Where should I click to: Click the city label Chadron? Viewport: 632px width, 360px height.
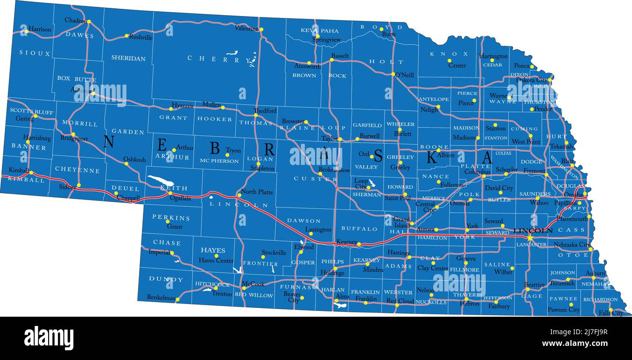pyautogui.click(x=75, y=20)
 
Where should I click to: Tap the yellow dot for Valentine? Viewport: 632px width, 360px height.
pyautogui.click(x=261, y=29)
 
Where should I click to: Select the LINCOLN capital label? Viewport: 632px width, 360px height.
pyautogui.click(x=533, y=230)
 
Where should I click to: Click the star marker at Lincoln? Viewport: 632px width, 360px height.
pyautogui.click(x=529, y=237)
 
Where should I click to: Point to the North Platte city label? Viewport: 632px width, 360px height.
pyautogui.click(x=257, y=192)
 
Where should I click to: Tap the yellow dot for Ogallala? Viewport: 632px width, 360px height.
pyautogui.click(x=170, y=193)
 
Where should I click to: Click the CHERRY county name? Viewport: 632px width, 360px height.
pyautogui.click(x=213, y=58)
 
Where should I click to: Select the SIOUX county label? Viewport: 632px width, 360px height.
pyautogui.click(x=35, y=53)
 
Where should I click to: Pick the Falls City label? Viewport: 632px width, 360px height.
pyautogui.click(x=611, y=313)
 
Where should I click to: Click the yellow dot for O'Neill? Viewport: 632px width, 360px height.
pyautogui.click(x=393, y=74)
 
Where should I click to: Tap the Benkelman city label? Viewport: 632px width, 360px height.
pyautogui.click(x=161, y=297)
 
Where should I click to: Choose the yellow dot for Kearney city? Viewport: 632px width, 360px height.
pyautogui.click(x=359, y=244)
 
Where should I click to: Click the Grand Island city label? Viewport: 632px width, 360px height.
pyautogui.click(x=402, y=222)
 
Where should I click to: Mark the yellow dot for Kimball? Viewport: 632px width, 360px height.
pyautogui.click(x=31, y=173)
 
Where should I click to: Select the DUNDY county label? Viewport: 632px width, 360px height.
pyautogui.click(x=166, y=279)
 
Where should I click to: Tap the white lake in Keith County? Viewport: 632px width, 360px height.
pyautogui.click(x=160, y=181)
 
